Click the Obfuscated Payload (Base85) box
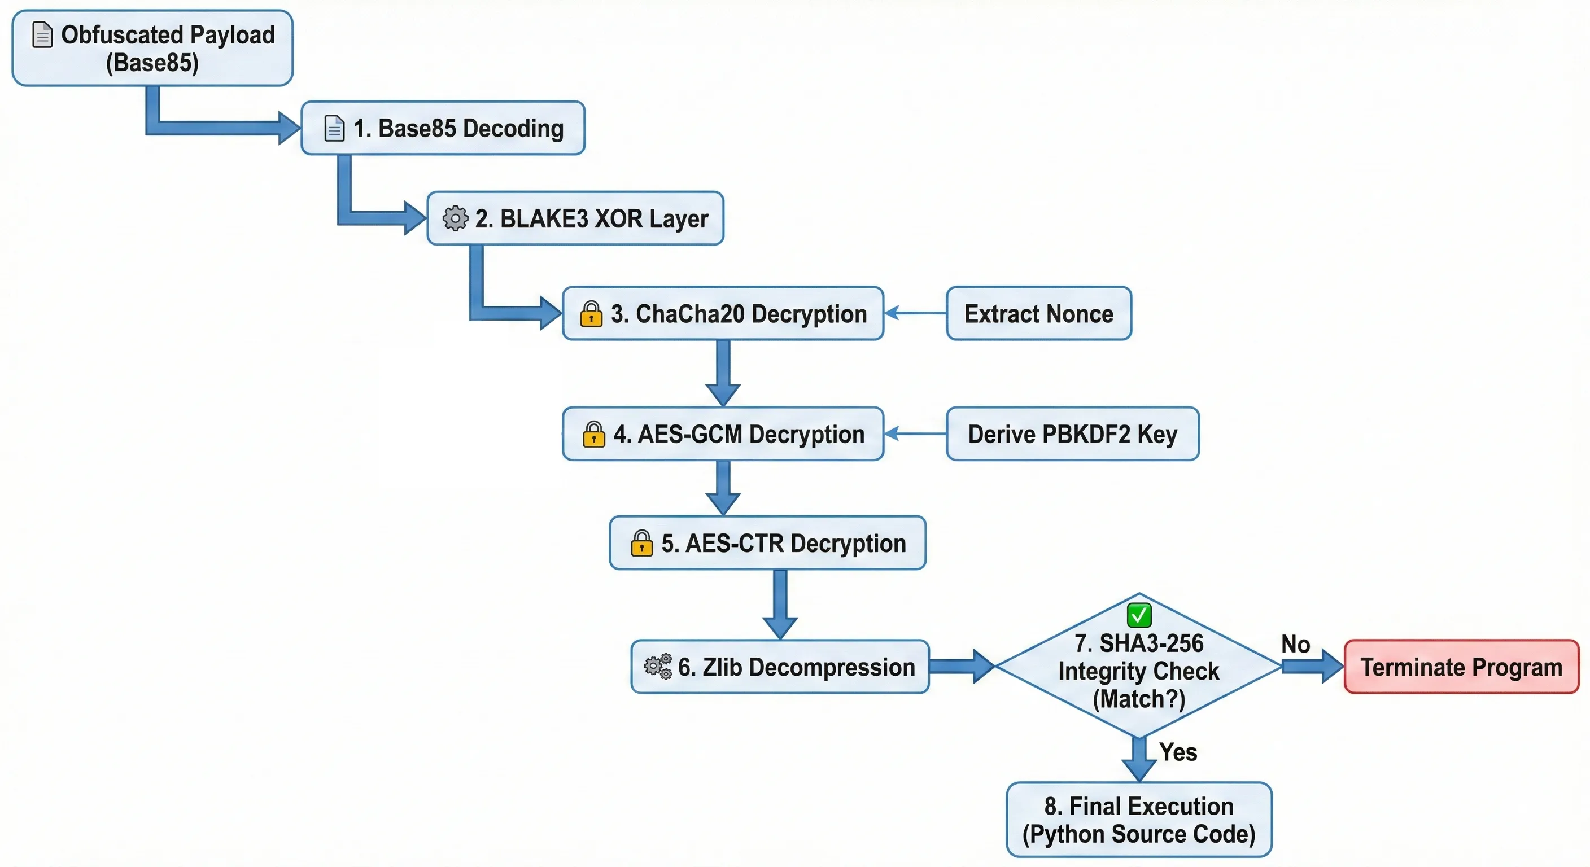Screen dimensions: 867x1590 (x=152, y=48)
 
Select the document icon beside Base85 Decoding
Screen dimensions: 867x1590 (x=334, y=128)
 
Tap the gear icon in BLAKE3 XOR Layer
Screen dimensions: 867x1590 (x=456, y=218)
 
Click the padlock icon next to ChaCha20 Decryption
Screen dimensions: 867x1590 (x=591, y=314)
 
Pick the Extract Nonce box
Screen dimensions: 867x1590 (x=1038, y=313)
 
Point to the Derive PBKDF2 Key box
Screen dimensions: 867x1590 (x=1072, y=434)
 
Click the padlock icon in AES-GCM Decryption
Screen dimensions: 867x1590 (x=594, y=435)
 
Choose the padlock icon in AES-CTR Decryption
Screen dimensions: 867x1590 (x=641, y=544)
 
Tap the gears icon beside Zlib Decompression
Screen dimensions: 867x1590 (x=658, y=667)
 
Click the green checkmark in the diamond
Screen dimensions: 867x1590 (x=1139, y=615)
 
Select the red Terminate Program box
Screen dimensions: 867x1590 (x=1461, y=667)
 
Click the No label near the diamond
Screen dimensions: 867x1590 (x=1295, y=644)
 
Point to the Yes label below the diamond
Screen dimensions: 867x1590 (x=1178, y=752)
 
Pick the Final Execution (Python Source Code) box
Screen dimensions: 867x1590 (x=1139, y=820)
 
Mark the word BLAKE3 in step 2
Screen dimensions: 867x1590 (x=544, y=219)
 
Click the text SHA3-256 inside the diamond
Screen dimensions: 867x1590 (x=1151, y=643)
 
